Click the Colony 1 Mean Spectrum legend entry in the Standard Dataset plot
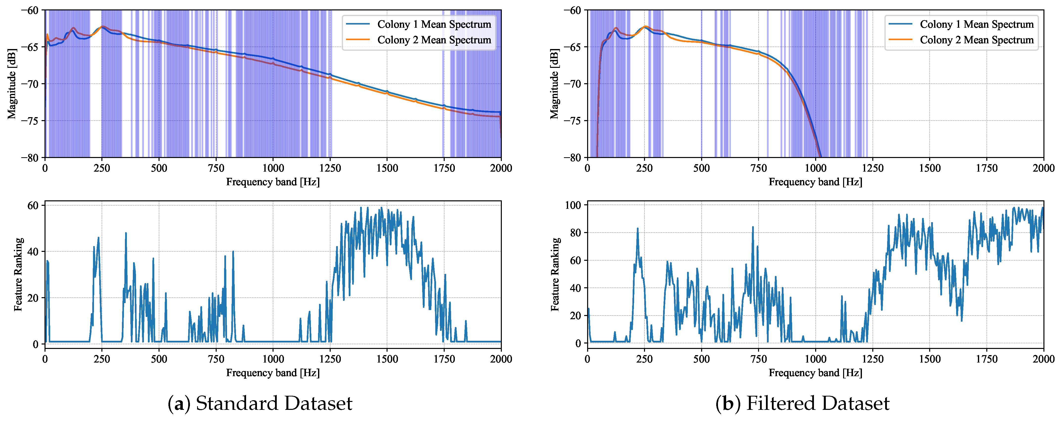(434, 24)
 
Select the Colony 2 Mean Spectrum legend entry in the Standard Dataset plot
(434, 40)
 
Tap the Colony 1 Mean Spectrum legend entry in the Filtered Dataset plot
(976, 24)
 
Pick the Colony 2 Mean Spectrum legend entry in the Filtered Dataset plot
(976, 40)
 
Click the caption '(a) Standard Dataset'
(260, 403)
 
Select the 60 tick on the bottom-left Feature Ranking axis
(33, 205)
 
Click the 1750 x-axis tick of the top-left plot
(444, 168)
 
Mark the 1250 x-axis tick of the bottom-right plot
(872, 359)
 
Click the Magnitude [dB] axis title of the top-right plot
(554, 84)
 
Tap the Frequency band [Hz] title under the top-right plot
(815, 182)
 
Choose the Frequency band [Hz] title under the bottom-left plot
(273, 373)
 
